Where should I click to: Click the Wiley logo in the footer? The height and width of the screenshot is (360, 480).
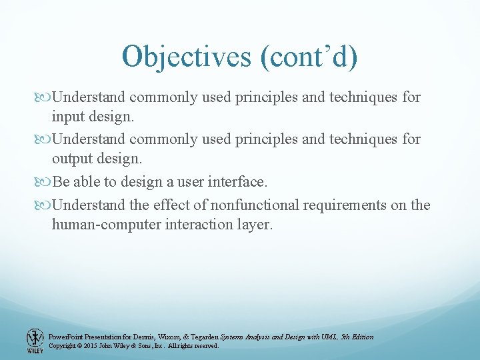click(x=34, y=340)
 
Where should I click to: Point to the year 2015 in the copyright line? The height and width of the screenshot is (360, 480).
click(x=90, y=346)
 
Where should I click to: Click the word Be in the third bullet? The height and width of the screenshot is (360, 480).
click(x=60, y=182)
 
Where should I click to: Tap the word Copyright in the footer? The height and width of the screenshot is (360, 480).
click(x=63, y=346)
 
